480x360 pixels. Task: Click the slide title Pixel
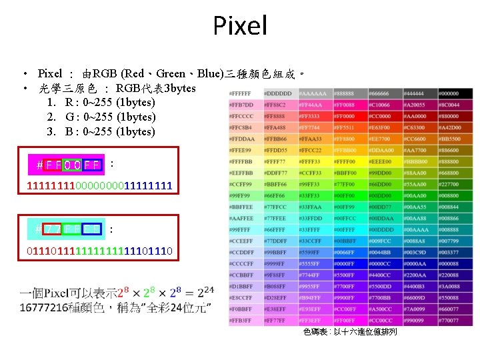tap(240, 26)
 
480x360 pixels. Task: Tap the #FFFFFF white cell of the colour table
tap(245, 93)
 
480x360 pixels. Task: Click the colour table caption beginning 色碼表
tap(349, 332)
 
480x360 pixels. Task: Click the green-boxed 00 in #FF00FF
tap(73, 164)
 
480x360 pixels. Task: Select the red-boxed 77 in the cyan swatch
tap(53, 230)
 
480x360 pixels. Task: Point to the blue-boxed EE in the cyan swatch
tap(92, 230)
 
